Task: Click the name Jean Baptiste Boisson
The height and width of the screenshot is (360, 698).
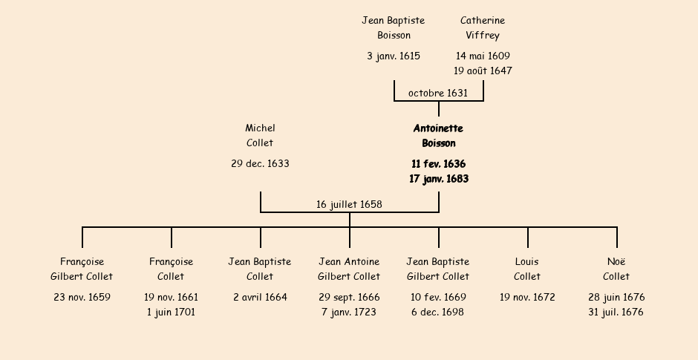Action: coord(394,28)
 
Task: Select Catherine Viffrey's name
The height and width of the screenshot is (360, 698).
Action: coord(483,28)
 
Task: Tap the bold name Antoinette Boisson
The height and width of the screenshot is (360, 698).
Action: coord(438,136)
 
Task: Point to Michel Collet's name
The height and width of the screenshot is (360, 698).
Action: coord(260,136)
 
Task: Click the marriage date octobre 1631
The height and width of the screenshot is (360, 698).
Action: coord(438,94)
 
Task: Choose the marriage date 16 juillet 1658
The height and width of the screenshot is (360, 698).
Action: coord(349,205)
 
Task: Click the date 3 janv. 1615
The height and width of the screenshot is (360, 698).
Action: coord(394,56)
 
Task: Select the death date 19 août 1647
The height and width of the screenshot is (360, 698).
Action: coord(483,71)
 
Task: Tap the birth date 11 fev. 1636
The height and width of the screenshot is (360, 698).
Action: coord(438,164)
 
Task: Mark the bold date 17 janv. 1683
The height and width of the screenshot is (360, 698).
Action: coord(438,179)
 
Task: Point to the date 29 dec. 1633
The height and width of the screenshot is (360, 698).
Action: coord(260,164)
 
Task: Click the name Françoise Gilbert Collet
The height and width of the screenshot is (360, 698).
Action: coord(82,269)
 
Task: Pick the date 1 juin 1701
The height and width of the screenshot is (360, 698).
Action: coord(171,312)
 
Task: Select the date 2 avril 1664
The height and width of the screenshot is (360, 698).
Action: coord(260,298)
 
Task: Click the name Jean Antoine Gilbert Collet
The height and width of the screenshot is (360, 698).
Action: coord(349,269)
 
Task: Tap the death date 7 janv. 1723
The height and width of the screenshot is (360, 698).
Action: coord(349,312)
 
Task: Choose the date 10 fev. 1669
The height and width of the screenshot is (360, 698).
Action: coord(438,298)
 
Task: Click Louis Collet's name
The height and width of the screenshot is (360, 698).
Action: coord(527,269)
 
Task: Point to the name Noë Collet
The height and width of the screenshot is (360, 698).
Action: coord(616,269)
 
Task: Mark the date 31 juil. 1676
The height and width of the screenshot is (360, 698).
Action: coord(616,312)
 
